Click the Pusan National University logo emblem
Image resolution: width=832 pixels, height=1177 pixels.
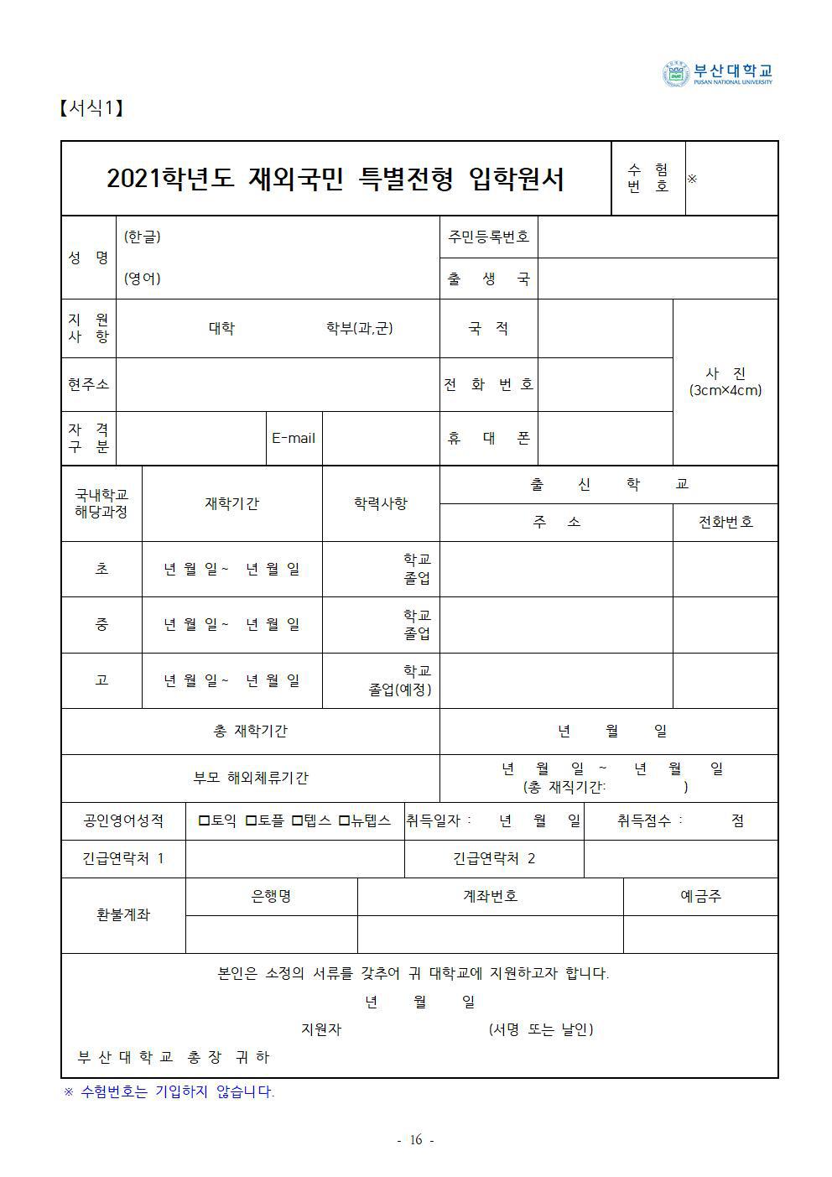pyautogui.click(x=675, y=74)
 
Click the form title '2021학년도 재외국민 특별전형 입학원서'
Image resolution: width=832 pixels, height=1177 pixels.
pyautogui.click(x=335, y=179)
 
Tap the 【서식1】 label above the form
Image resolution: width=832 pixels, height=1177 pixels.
pyautogui.click(x=91, y=108)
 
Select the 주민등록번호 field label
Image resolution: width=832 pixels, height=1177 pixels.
pyautogui.click(x=488, y=237)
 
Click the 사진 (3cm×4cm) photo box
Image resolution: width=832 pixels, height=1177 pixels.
pyautogui.click(x=725, y=382)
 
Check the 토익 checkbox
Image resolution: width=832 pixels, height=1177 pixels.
pyautogui.click(x=204, y=820)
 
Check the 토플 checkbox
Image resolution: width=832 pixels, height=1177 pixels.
pyautogui.click(x=251, y=820)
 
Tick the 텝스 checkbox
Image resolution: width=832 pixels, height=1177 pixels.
pyautogui.click(x=297, y=820)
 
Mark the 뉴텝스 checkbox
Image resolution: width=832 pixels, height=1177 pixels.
pyautogui.click(x=344, y=820)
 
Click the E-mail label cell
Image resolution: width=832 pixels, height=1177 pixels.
pyautogui.click(x=294, y=438)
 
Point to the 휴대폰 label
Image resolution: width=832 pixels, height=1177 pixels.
pyautogui.click(x=488, y=438)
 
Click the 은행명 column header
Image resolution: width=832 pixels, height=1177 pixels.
pyautogui.click(x=271, y=896)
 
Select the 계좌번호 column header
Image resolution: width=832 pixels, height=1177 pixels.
pyautogui.click(x=490, y=896)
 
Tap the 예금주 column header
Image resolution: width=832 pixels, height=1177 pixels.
pyautogui.click(x=700, y=896)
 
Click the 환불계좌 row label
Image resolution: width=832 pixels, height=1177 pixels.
pyautogui.click(x=122, y=914)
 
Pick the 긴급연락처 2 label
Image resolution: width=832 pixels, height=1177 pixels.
pyautogui.click(x=493, y=858)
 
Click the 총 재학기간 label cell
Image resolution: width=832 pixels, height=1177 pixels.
pyautogui.click(x=250, y=731)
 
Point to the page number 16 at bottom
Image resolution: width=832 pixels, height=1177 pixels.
pyautogui.click(x=415, y=1139)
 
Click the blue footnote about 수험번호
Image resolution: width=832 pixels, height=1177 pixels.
pyautogui.click(x=169, y=1091)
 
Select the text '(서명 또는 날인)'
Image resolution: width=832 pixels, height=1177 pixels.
pyautogui.click(x=540, y=1029)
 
